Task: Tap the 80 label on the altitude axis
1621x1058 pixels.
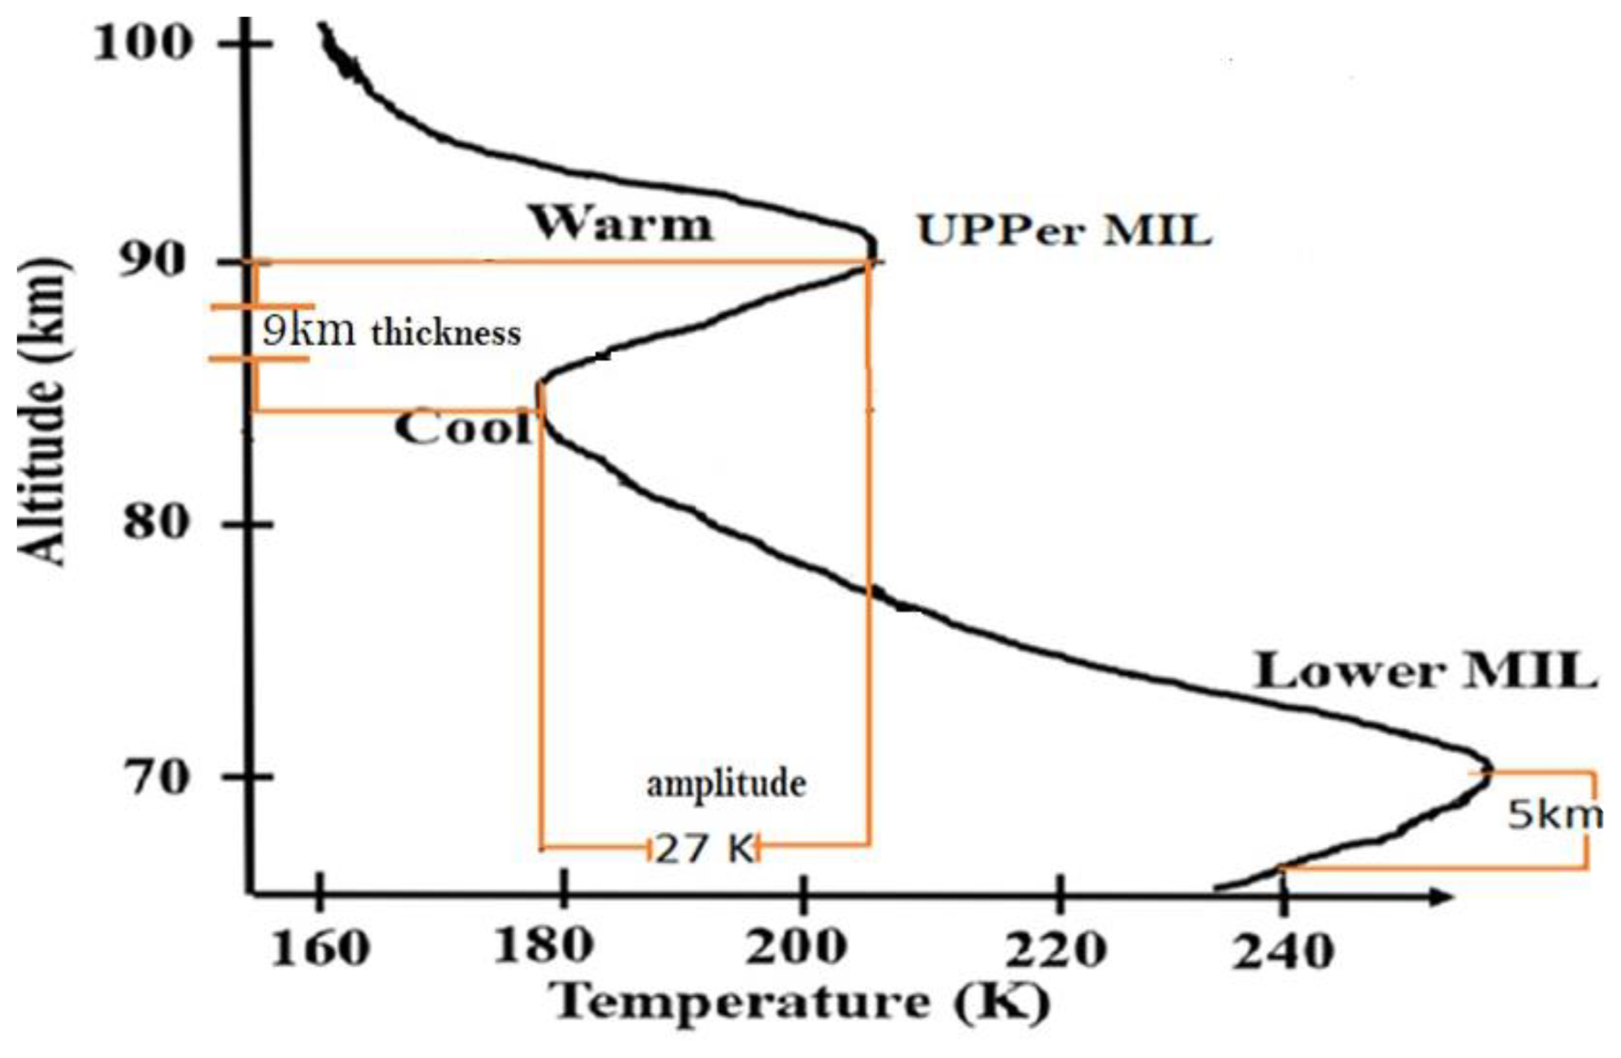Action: click(x=155, y=521)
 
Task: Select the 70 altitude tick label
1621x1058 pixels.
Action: click(x=155, y=777)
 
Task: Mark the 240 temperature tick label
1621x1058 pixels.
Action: click(x=1283, y=950)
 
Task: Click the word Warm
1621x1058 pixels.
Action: click(x=621, y=224)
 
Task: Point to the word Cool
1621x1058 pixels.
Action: click(x=463, y=427)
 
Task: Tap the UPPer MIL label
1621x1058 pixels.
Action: click(x=1064, y=230)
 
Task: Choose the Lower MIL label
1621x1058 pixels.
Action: click(x=1426, y=672)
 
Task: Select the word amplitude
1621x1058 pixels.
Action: click(x=726, y=783)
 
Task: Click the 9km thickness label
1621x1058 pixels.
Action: click(x=391, y=331)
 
